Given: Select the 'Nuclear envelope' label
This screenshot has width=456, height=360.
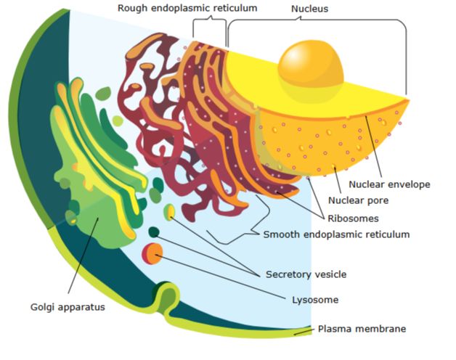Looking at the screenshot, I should [389, 184].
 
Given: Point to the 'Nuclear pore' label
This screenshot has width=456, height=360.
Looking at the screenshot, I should [358, 200].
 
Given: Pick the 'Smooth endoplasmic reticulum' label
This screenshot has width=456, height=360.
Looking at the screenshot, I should [335, 234].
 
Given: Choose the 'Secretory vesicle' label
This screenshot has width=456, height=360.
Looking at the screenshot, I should [306, 274].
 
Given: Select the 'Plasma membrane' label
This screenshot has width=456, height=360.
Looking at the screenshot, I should [362, 329].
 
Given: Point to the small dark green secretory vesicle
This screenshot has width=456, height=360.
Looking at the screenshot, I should [154, 232].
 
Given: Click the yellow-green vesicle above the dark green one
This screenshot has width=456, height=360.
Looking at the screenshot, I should [169, 212].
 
